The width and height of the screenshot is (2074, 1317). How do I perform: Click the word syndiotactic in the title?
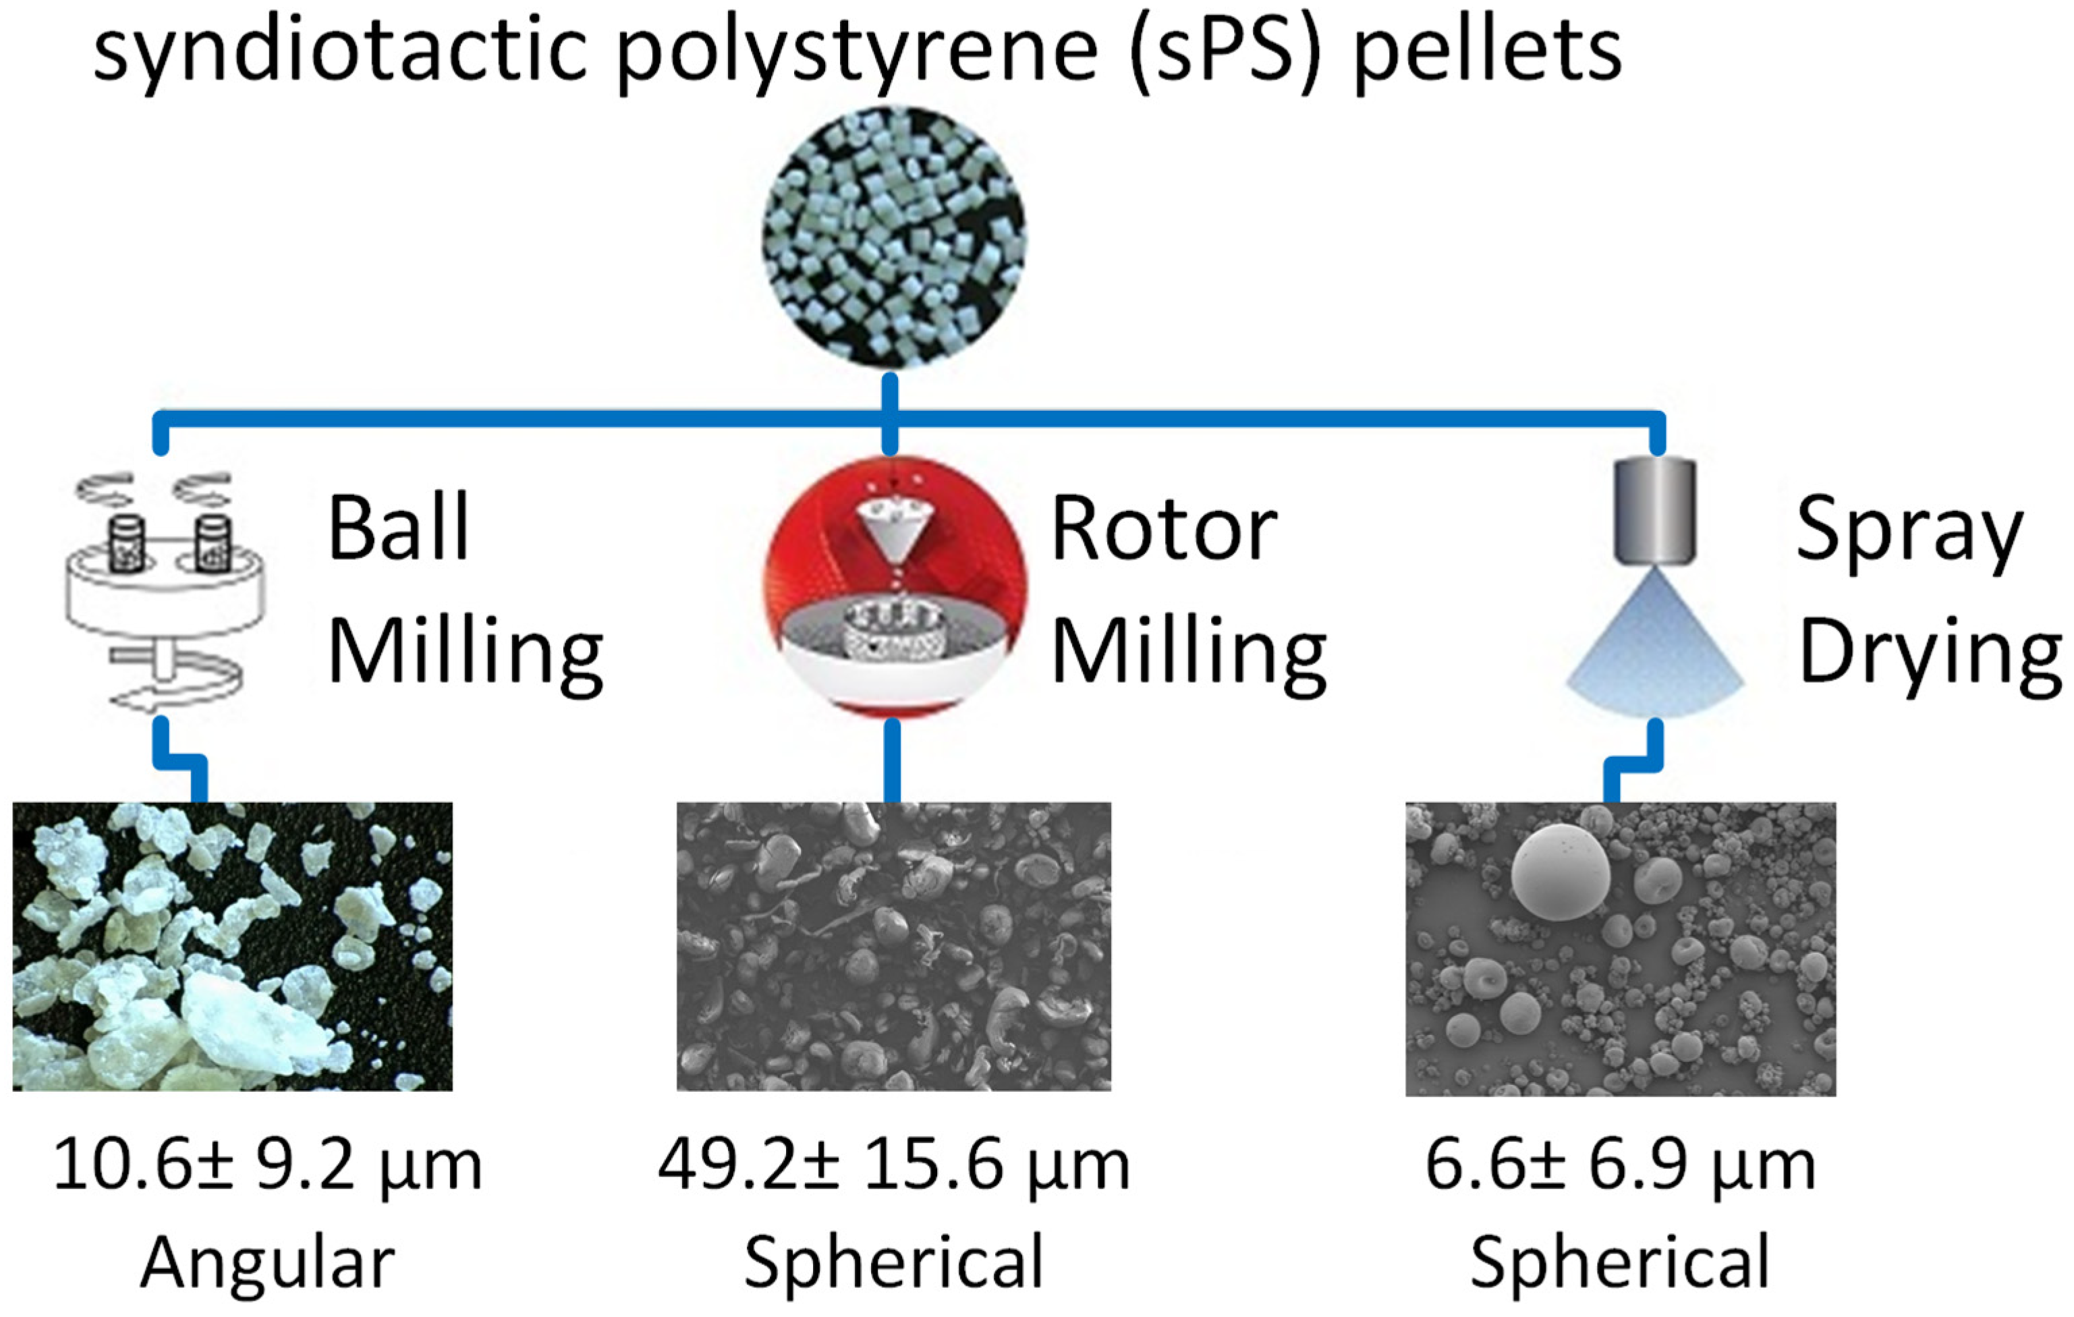(340, 52)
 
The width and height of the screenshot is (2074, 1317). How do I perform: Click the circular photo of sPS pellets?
(893, 237)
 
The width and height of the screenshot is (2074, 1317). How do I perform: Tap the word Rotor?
(1164, 529)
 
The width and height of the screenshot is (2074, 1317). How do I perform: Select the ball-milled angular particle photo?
(233, 947)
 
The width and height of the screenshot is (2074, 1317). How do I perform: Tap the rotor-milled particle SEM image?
(893, 947)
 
